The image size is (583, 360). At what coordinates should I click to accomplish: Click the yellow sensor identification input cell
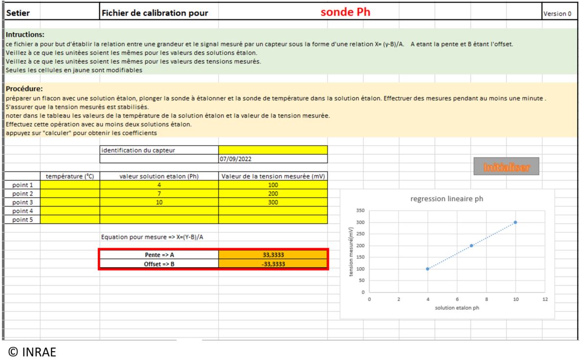273,150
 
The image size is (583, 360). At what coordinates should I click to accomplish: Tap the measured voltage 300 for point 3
273,202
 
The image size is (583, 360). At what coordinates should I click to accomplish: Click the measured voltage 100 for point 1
273,186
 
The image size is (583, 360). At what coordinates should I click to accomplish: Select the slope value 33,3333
273,254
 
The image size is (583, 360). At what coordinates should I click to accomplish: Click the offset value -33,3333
273,264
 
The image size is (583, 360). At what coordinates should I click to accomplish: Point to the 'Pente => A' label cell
159,254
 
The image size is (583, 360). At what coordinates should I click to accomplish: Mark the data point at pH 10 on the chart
516,222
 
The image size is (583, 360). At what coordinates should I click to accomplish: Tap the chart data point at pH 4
428,269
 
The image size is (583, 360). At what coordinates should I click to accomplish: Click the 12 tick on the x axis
545,299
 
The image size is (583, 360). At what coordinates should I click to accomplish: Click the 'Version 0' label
557,14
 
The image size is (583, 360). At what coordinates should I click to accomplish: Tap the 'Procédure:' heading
24,89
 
